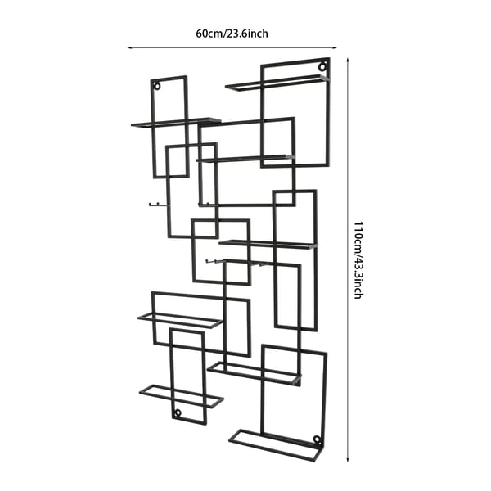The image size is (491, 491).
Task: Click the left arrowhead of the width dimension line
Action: click(129, 48)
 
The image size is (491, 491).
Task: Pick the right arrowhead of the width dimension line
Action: click(335, 48)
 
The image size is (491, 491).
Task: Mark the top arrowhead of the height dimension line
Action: click(348, 60)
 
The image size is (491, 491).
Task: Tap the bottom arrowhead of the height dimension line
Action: click(348, 459)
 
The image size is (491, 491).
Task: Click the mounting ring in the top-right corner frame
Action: click(322, 66)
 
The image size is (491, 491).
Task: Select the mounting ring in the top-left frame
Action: click(157, 86)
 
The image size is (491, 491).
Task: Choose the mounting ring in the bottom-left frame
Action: click(178, 412)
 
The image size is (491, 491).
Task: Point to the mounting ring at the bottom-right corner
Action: click(317, 439)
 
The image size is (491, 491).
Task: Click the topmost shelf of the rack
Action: click(277, 83)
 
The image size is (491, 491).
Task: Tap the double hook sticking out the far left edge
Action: click(155, 205)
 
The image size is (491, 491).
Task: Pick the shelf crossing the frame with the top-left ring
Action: click(176, 123)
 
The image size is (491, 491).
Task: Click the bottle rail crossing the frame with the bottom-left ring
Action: click(182, 396)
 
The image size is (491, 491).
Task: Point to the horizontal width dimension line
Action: click(232, 48)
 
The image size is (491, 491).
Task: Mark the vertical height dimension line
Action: click(348, 259)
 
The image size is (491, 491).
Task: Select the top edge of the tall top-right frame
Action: click(295, 61)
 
